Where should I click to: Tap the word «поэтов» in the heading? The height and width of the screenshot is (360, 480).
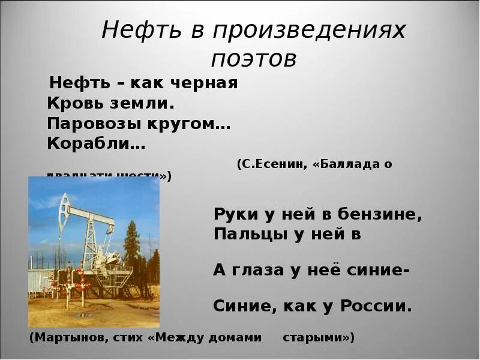254,59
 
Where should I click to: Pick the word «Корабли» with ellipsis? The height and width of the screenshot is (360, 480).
96,145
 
